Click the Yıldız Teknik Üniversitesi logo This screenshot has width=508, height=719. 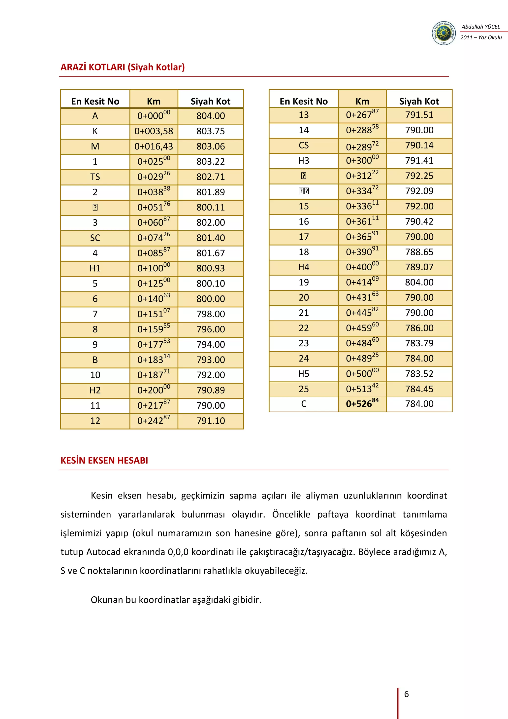444,33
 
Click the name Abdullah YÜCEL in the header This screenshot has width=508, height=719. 480,27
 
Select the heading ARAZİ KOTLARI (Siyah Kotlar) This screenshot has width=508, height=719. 122,67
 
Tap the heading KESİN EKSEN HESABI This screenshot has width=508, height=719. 104,460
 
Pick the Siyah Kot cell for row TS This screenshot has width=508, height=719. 211,177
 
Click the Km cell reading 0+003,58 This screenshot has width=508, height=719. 154,131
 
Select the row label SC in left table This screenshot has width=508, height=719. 95,238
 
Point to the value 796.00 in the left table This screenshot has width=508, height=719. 211,329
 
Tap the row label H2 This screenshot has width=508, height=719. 95,391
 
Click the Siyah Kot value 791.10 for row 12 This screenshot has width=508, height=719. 211,421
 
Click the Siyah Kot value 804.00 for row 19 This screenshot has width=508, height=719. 419,283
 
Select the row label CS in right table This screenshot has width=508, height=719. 303,145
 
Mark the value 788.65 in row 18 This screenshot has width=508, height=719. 419,252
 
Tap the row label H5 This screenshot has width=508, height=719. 303,374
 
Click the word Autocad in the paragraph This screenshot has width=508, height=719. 103,552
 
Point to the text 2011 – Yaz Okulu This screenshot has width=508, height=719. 481,37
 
